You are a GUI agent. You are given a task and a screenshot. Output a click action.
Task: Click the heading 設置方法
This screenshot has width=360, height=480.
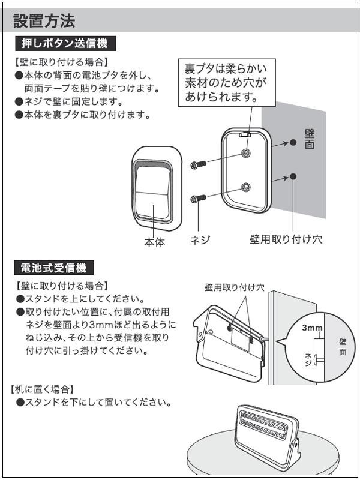pyautogui.click(x=44, y=21)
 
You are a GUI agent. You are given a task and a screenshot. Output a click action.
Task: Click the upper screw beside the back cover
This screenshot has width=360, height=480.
pyautogui.click(x=198, y=164)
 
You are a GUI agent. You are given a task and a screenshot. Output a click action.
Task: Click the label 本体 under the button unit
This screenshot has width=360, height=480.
pyautogui.click(x=154, y=242)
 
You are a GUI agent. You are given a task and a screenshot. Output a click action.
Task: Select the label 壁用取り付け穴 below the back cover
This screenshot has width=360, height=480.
pyautogui.click(x=286, y=239)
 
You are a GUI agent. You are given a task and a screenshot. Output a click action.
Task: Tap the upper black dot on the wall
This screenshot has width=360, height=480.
pyautogui.click(x=293, y=142)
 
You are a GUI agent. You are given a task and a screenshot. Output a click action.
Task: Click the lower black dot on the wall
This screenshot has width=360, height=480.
pyautogui.click(x=293, y=176)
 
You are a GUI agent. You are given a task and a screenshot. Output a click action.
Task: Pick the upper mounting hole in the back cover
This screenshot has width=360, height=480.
pyautogui.click(x=245, y=154)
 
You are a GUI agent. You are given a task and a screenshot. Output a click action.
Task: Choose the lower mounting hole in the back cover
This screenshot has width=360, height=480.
pyautogui.click(x=245, y=188)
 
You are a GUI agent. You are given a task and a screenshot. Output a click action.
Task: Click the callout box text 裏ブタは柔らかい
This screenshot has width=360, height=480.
pyautogui.click(x=230, y=68)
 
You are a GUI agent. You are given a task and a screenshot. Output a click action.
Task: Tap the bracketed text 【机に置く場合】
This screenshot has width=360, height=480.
pyautogui.click(x=43, y=389)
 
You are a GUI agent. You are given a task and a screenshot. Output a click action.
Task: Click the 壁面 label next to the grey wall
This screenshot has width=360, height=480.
pyautogui.click(x=310, y=139)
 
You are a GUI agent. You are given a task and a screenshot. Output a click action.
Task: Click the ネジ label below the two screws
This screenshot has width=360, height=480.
pyautogui.click(x=200, y=240)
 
